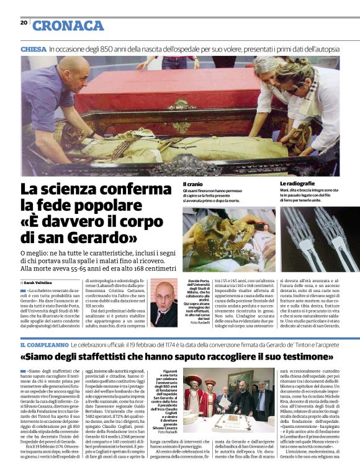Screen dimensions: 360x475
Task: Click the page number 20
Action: click(x=24, y=22)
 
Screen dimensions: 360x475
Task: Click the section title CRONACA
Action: click(x=68, y=25)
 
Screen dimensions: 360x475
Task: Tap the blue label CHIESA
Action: click(x=34, y=48)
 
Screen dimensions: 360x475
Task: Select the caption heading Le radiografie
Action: click(x=297, y=184)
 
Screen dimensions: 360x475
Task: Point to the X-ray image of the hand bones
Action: click(x=308, y=239)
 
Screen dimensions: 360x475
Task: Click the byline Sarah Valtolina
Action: click(x=40, y=282)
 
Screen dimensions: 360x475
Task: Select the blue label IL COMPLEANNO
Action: click(x=43, y=344)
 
